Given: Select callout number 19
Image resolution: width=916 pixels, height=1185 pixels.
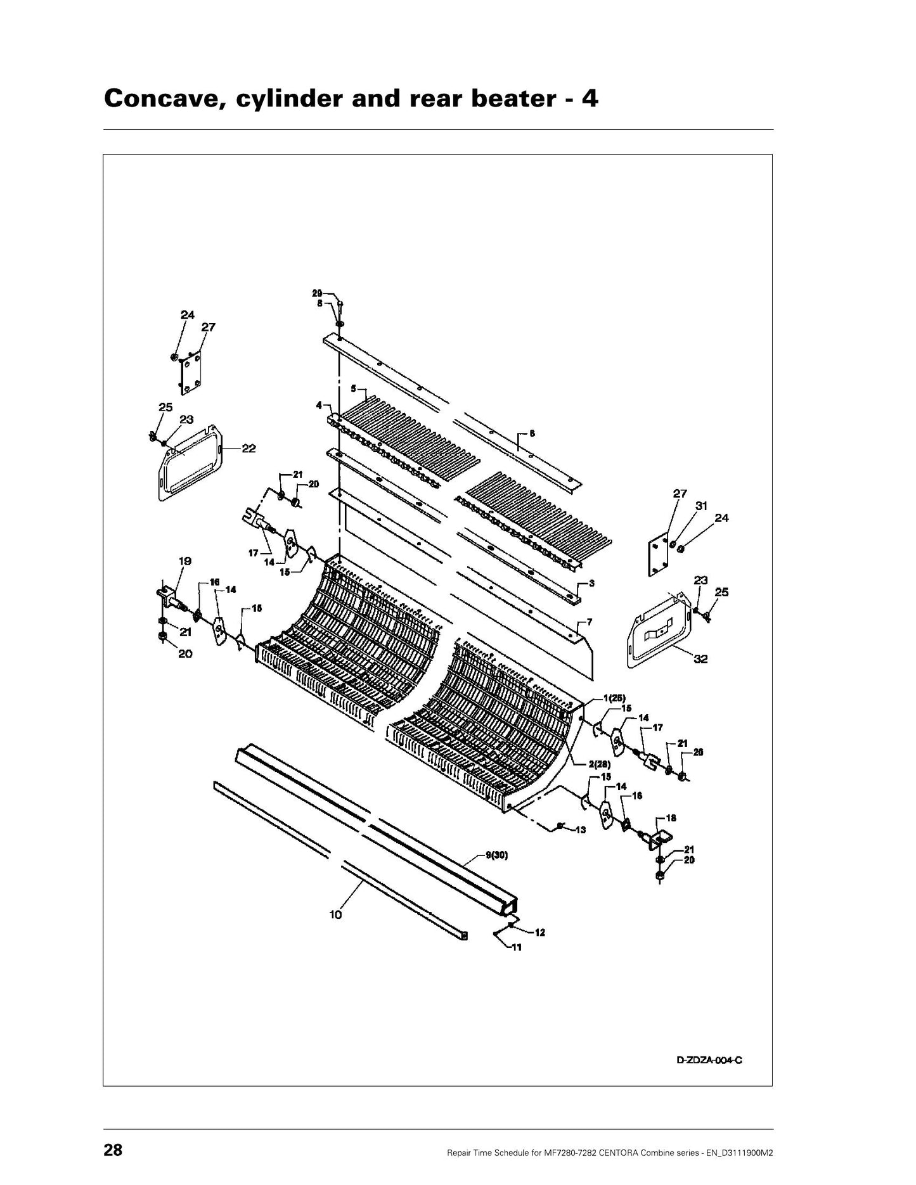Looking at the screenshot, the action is [x=185, y=561].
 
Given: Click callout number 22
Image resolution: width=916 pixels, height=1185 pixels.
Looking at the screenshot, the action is [x=248, y=448].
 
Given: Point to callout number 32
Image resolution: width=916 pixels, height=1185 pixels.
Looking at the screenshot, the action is [x=700, y=659].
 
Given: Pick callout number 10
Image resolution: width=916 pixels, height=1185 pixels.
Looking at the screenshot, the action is [x=335, y=914].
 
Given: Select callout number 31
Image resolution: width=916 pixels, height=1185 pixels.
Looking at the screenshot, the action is [x=701, y=506].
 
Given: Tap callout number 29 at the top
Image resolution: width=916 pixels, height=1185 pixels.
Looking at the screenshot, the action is [x=317, y=293].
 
